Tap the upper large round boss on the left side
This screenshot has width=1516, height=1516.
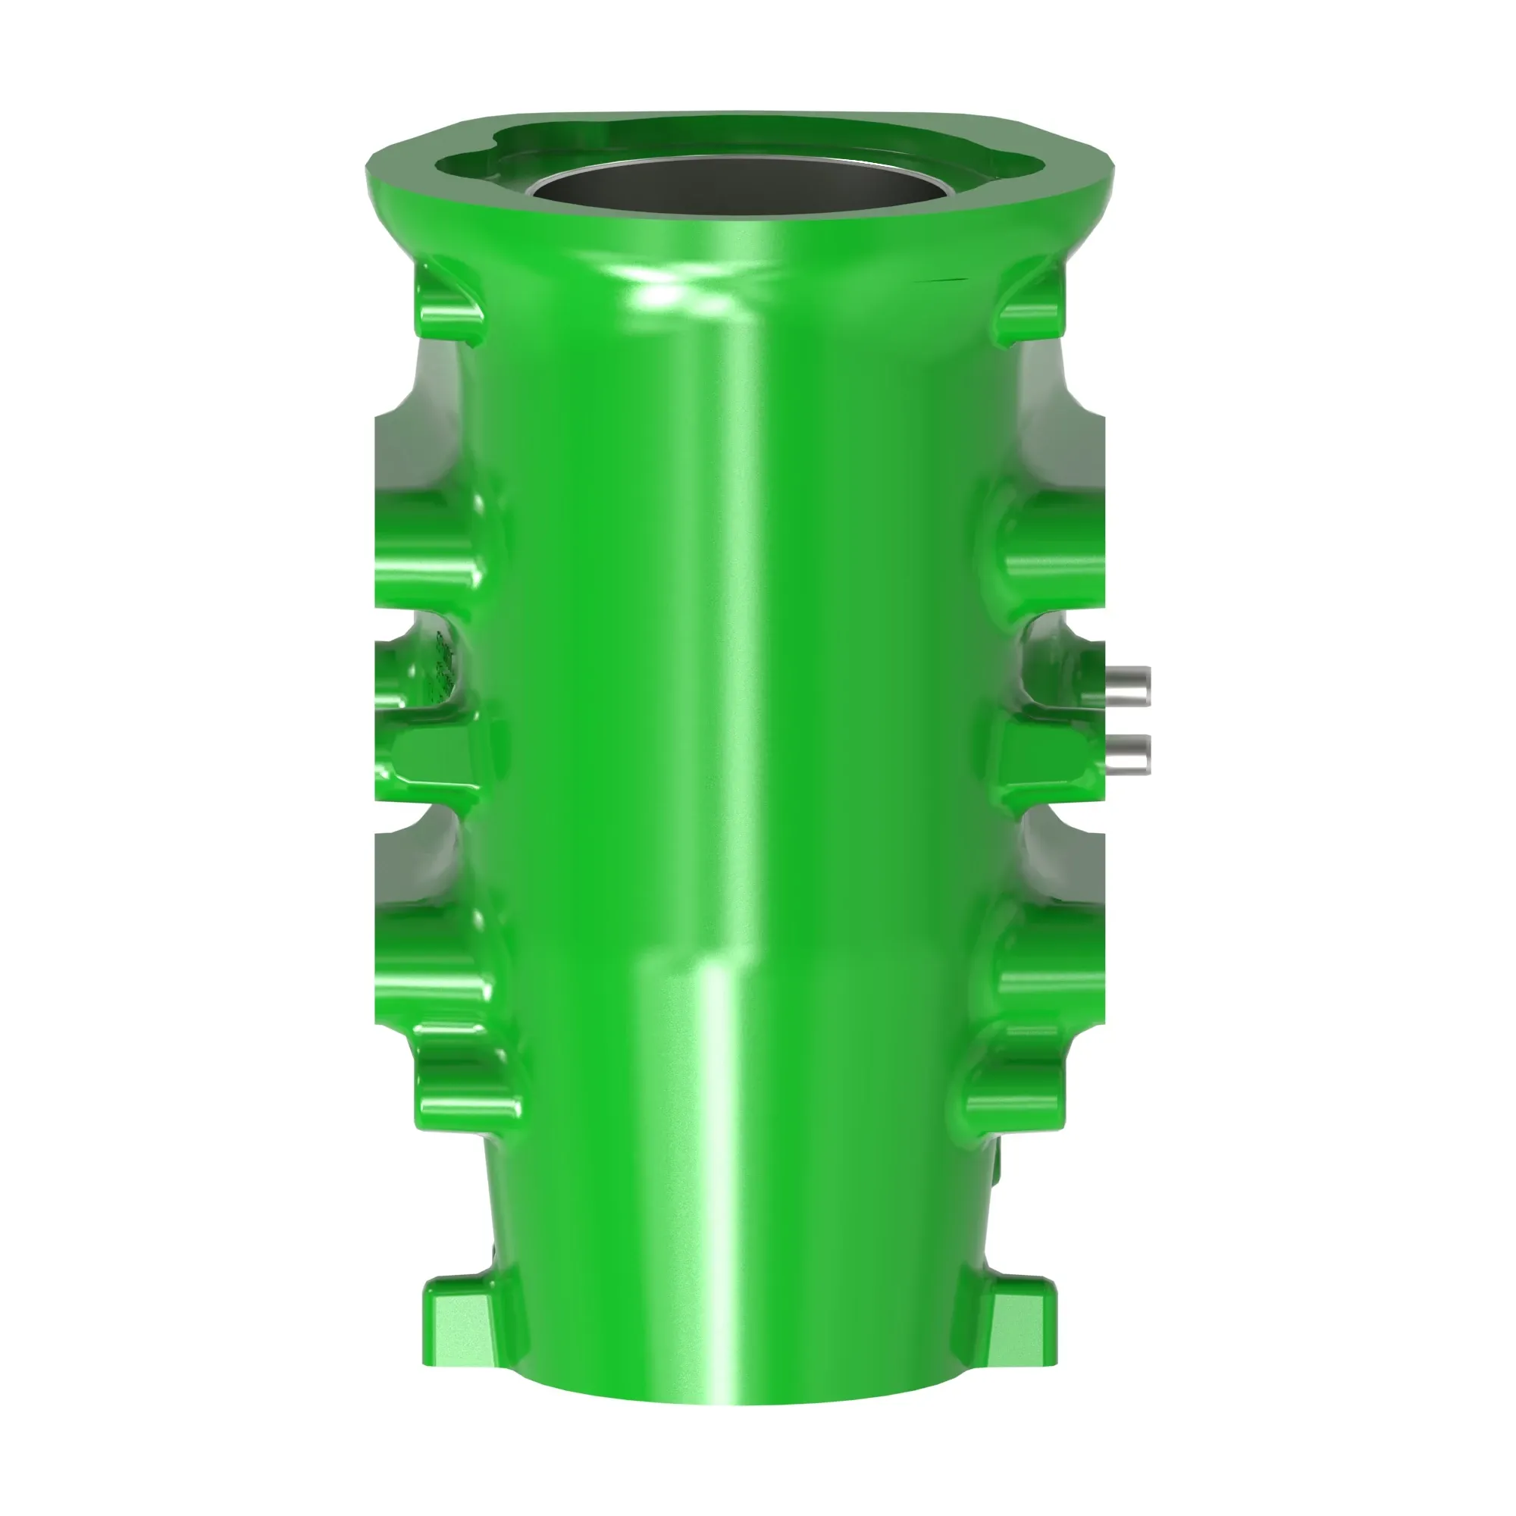point(428,541)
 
